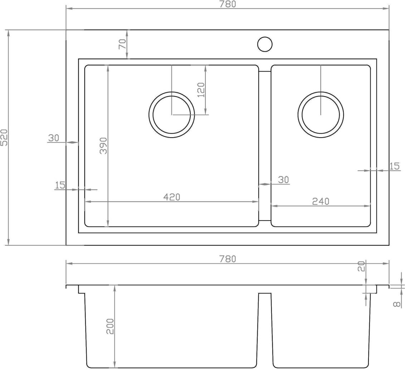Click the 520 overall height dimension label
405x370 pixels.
tap(5, 138)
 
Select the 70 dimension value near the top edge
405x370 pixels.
tap(122, 44)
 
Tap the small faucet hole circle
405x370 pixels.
tap(265, 44)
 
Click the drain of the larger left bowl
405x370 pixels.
tap(172, 115)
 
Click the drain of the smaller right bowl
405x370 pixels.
tap(321, 115)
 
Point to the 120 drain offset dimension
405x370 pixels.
tap(201, 90)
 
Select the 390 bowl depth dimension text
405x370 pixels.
tap(103, 145)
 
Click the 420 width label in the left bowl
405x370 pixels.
tap(172, 197)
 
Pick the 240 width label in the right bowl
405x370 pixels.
tap(321, 201)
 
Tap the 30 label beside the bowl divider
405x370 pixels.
tap(283, 179)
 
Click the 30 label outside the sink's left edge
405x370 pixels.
tap(53, 138)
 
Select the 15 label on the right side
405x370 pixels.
tap(394, 166)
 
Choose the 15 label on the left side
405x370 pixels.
tap(60, 185)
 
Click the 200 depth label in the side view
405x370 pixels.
tap(110, 326)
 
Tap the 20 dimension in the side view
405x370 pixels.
tap(361, 266)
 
